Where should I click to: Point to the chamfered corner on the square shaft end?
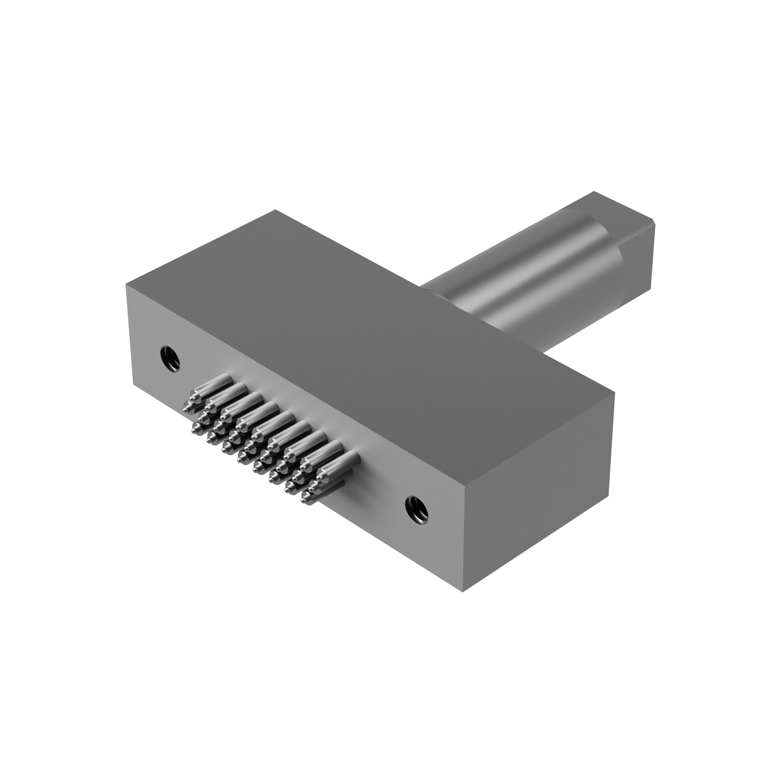tap(653, 222)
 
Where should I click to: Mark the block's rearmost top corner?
tap(275, 210)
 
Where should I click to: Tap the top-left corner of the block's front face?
tap(126, 285)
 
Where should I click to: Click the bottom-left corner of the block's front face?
tap(133, 383)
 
